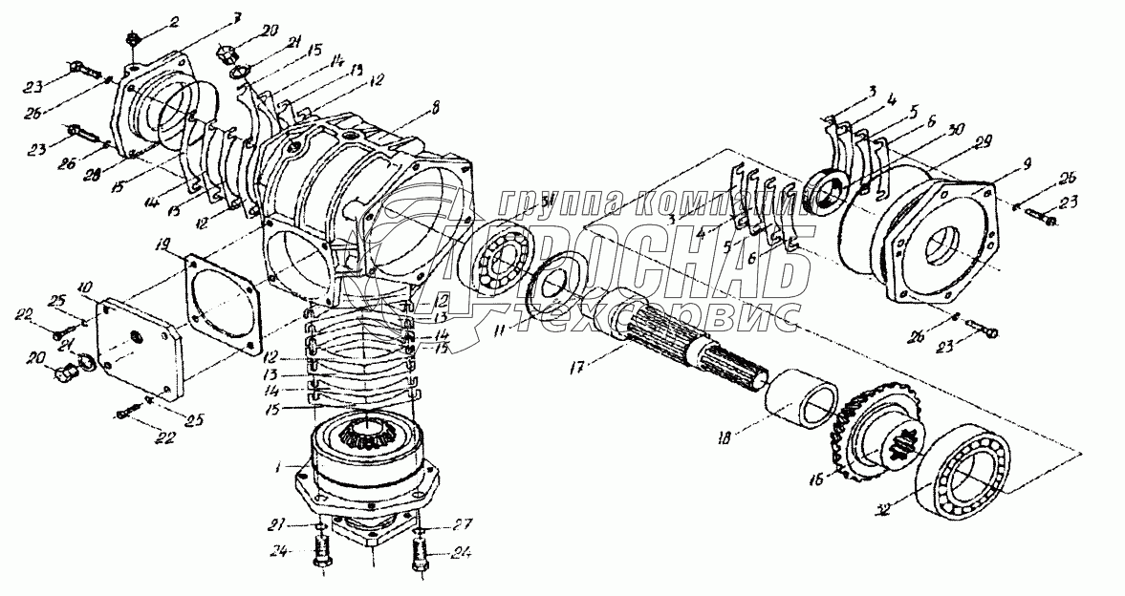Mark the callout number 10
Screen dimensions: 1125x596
pyautogui.click(x=86, y=286)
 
